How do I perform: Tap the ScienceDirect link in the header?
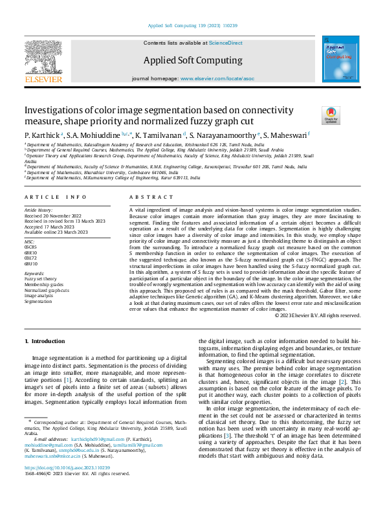click(225, 43)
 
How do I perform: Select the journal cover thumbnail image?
click(340, 60)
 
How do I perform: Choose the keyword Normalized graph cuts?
click(47, 291)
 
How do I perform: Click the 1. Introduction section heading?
click(45, 341)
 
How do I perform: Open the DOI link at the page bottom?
click(67, 486)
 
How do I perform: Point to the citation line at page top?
click(192, 27)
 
